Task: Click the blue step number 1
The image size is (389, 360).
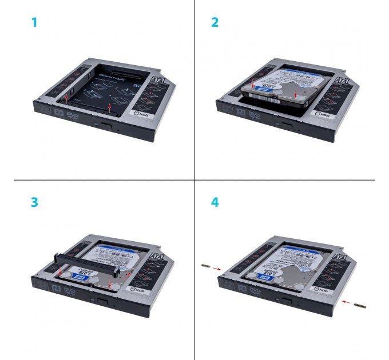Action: tap(35, 23)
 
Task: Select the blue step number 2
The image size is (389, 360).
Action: tap(215, 23)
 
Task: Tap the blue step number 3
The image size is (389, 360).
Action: tap(35, 203)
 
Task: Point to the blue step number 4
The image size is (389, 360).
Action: tap(215, 203)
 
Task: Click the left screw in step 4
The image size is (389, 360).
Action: tap(205, 266)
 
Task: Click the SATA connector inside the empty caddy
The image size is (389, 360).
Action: tap(124, 74)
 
